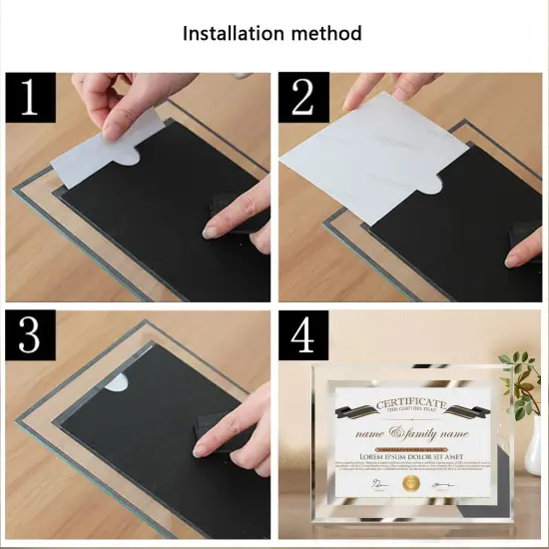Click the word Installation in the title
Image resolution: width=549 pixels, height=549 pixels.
coord(229,33)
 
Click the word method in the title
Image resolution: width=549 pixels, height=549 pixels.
coord(321,33)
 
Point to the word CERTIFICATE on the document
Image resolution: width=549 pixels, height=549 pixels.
coord(412,403)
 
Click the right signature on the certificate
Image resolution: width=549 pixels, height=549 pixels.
coord(440,482)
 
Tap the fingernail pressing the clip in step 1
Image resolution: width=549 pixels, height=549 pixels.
coord(211,232)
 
